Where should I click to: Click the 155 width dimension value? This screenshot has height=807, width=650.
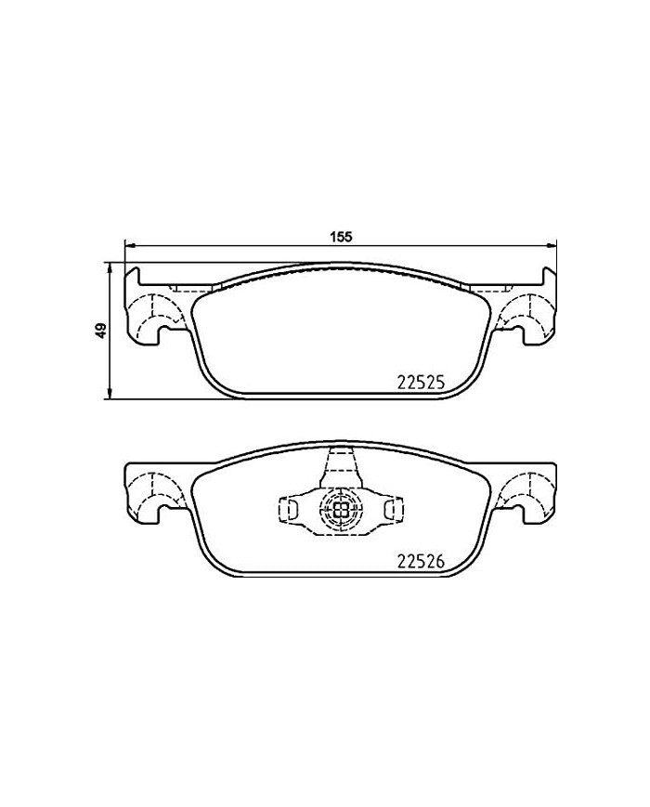[x=342, y=236]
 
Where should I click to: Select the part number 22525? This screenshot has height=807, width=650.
[x=422, y=381]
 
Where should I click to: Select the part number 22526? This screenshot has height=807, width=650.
[x=422, y=560]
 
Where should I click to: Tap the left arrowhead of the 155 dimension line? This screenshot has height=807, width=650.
[x=130, y=246]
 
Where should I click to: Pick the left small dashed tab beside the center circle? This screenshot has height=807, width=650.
[x=288, y=507]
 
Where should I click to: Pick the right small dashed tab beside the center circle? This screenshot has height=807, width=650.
[x=392, y=507]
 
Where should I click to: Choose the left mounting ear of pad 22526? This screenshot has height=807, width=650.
[x=153, y=491]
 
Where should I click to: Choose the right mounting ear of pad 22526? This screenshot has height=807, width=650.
[x=528, y=491]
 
